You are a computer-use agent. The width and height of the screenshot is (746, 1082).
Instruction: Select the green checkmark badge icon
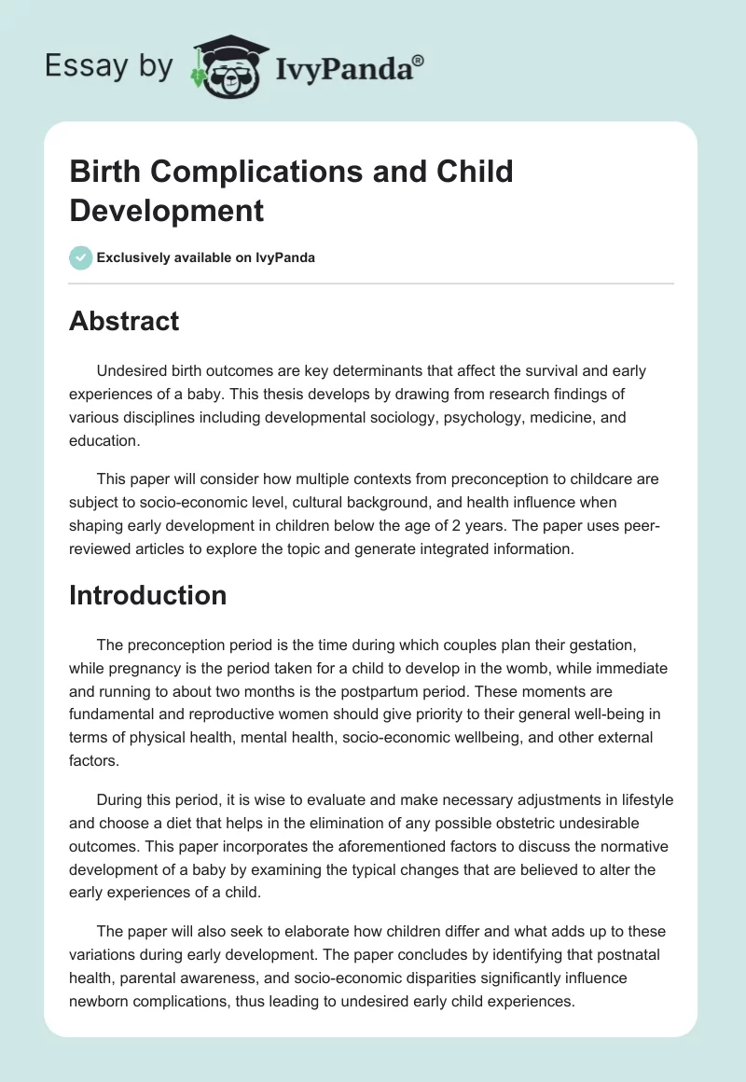81,257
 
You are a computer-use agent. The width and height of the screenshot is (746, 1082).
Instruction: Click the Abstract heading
124,321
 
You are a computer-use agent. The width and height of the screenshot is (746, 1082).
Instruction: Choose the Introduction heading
147,595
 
